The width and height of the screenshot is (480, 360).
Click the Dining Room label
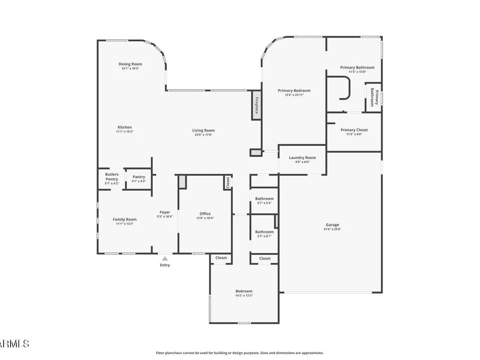click(x=130, y=64)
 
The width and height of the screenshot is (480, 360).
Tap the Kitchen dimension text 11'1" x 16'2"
click(x=125, y=132)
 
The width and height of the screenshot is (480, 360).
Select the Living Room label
click(x=203, y=131)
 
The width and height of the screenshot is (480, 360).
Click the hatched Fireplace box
click(x=256, y=105)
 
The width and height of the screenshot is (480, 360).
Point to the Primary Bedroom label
click(x=294, y=91)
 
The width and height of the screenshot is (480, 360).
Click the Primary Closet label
click(x=354, y=130)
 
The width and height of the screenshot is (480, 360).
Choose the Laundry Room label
click(x=302, y=157)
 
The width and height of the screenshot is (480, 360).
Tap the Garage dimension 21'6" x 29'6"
click(x=332, y=229)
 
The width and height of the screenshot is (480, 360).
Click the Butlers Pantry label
click(x=112, y=177)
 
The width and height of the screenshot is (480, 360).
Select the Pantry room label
click(x=139, y=177)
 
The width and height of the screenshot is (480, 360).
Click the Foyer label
click(x=165, y=212)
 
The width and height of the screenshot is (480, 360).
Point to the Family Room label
click(x=125, y=219)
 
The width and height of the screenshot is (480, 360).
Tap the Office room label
click(x=205, y=214)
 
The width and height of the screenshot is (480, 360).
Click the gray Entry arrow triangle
click(x=165, y=259)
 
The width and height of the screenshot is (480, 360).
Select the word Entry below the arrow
click(x=165, y=265)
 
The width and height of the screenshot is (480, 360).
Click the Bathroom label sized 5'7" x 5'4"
click(x=264, y=199)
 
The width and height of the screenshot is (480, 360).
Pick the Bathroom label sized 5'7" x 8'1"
click(x=264, y=232)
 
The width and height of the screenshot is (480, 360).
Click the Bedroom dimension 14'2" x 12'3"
click(x=244, y=296)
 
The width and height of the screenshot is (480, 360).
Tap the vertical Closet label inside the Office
click(x=228, y=183)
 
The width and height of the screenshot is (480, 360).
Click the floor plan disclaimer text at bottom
click(x=240, y=353)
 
